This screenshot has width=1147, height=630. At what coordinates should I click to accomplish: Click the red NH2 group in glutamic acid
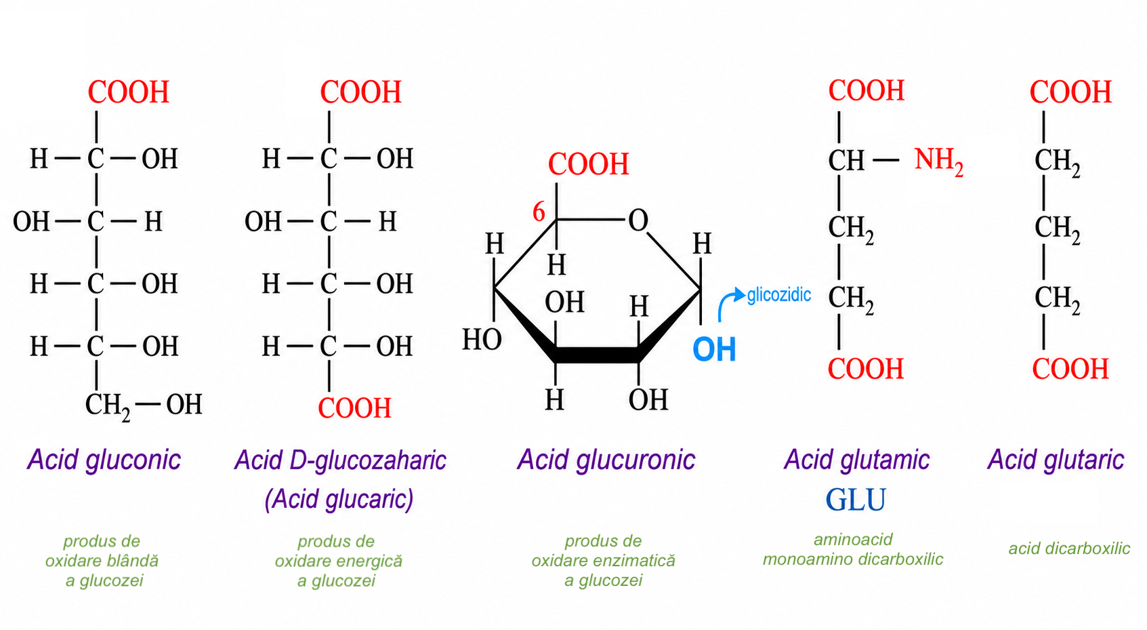coord(938,161)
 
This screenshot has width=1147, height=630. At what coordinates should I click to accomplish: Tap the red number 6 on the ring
coord(539,212)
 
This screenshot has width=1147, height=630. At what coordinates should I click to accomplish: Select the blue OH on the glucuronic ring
coord(714,350)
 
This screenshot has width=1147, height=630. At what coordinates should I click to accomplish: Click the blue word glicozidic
coord(779,295)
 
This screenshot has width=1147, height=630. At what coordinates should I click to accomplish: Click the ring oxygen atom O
coord(638,220)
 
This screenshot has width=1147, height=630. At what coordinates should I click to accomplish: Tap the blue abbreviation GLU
coord(856,499)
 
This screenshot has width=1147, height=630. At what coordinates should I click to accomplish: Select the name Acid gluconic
coord(104,460)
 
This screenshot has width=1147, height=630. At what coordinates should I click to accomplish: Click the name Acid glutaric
coord(1056,460)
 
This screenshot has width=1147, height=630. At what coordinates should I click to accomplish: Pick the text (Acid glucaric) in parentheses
coord(339,498)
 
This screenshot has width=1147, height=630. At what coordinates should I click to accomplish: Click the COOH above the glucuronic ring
coord(588,165)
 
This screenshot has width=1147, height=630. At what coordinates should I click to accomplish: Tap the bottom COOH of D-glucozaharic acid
coord(355,408)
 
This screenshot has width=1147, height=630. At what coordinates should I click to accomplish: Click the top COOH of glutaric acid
coord(1070,92)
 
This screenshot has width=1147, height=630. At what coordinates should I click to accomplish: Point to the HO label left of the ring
coord(482,339)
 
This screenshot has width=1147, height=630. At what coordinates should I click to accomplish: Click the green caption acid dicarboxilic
coord(1069,549)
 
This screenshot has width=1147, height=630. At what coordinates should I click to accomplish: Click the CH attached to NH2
coord(846,161)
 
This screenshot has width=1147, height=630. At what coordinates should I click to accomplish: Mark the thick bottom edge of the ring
coord(597,355)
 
